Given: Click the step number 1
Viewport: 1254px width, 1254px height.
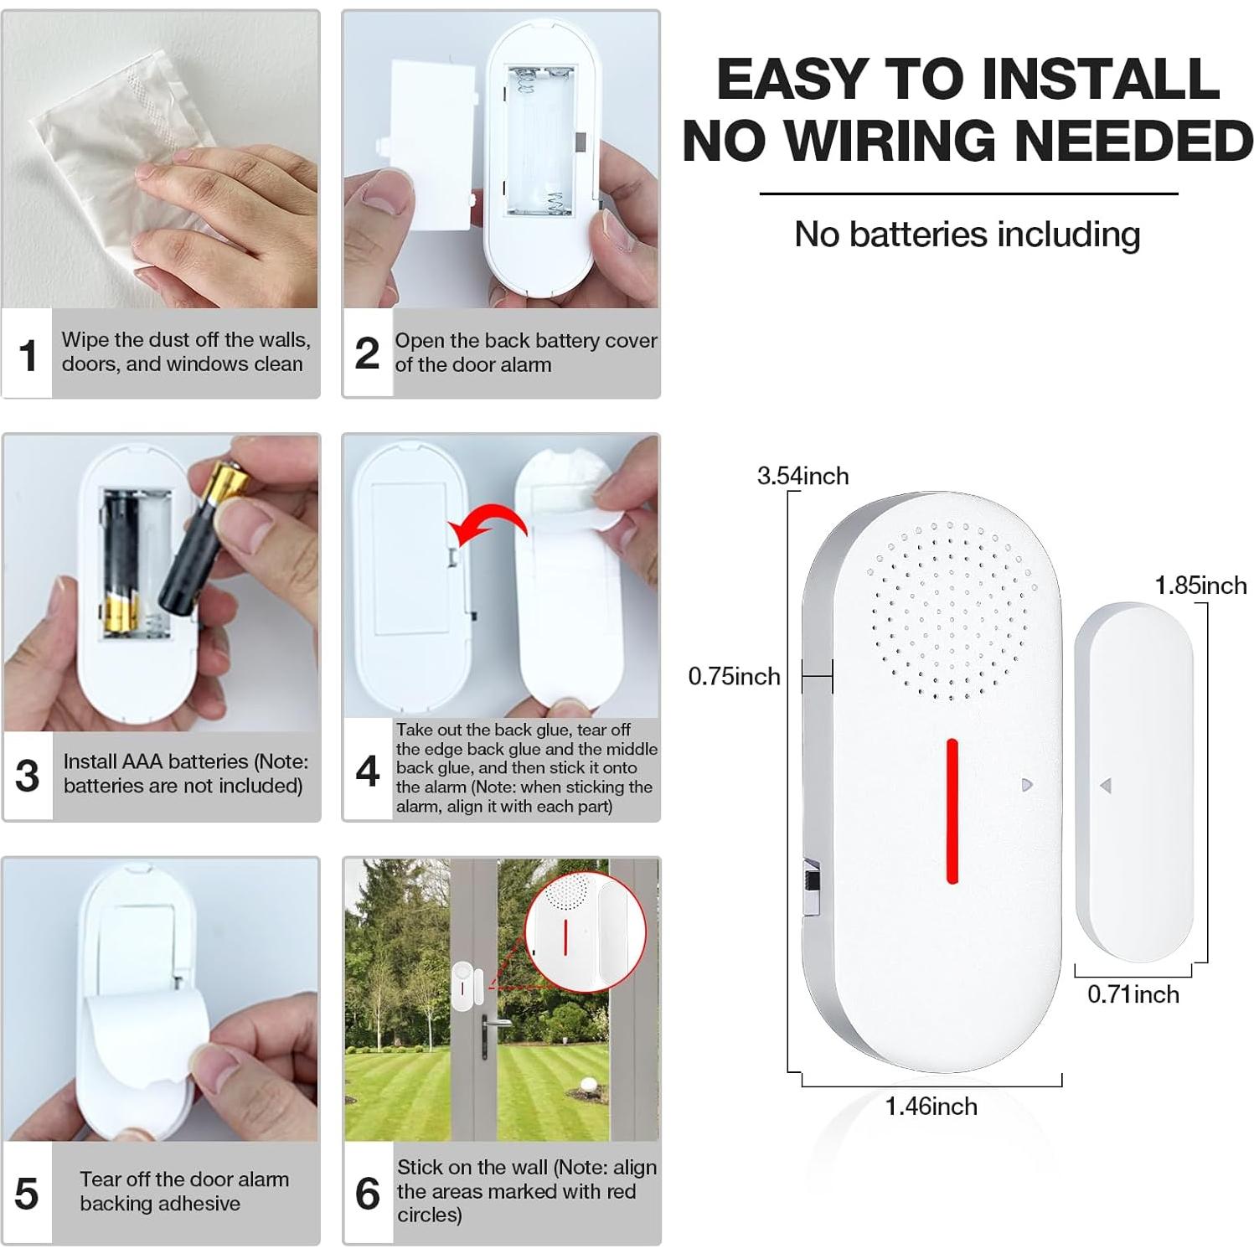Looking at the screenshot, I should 28,355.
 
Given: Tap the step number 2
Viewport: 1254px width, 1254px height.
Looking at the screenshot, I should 367,353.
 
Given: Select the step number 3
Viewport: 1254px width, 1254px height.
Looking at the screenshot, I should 28,776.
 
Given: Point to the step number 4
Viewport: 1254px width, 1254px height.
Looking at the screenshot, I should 367,771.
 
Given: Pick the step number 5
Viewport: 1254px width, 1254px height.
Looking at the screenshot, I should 27,1193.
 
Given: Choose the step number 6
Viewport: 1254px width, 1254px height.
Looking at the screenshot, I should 367,1193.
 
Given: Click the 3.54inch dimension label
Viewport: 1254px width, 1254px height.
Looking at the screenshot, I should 802,476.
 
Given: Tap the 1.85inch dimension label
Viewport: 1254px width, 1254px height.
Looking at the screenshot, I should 1200,586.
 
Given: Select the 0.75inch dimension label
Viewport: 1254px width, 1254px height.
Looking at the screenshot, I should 734,676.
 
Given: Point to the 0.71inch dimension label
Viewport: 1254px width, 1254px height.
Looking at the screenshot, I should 1133,994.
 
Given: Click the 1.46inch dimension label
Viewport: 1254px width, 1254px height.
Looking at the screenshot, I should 931,1107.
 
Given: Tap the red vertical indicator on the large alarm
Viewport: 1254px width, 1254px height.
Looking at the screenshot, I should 952,810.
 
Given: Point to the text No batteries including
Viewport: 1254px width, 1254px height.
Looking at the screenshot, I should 967,235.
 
